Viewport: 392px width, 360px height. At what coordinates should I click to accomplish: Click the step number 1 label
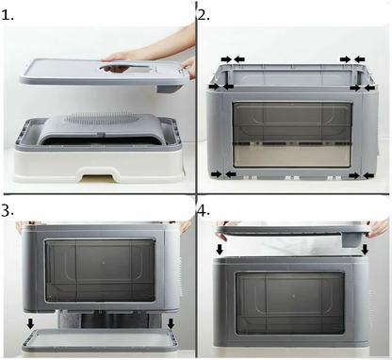(8, 15)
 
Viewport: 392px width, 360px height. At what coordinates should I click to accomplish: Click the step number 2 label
(204, 15)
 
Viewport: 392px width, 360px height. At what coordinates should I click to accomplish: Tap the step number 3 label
(8, 211)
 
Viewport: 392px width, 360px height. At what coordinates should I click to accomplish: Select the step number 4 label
(204, 211)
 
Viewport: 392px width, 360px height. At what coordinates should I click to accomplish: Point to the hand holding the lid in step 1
(120, 57)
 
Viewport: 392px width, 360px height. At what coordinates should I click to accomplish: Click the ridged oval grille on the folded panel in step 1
(100, 121)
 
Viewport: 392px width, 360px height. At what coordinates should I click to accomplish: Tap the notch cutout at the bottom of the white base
(96, 175)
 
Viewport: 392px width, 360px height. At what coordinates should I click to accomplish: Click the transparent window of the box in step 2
(292, 135)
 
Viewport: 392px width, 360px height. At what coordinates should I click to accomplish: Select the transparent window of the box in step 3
(101, 270)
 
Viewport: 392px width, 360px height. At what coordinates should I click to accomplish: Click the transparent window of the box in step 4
(290, 304)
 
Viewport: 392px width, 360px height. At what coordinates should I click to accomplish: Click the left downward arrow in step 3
(30, 323)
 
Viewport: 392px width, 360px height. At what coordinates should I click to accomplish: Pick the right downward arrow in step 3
(171, 323)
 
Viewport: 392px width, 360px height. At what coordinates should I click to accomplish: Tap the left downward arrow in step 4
(220, 250)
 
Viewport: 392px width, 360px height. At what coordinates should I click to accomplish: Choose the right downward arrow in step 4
(365, 250)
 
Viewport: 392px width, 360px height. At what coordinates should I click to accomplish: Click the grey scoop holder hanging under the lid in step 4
(351, 239)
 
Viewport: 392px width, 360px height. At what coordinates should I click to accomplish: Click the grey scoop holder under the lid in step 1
(169, 88)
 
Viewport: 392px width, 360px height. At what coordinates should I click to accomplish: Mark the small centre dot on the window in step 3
(104, 262)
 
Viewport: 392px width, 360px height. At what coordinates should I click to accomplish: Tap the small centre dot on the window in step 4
(293, 296)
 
